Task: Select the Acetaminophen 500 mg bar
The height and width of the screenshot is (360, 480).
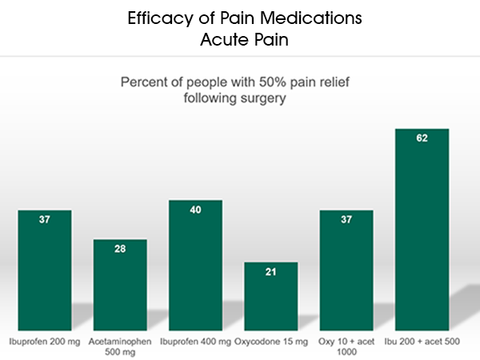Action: [x=120, y=288]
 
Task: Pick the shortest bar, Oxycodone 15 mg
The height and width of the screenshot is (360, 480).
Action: [x=270, y=300]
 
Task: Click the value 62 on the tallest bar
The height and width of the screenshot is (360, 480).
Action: [x=422, y=138]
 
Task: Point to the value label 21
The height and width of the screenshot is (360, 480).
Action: [x=270, y=272]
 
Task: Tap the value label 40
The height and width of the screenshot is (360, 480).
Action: [x=195, y=210]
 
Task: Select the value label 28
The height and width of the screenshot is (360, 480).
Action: [x=120, y=249]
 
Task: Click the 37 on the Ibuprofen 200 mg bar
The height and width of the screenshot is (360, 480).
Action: [x=45, y=220]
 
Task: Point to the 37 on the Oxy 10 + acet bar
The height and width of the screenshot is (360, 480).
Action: [x=346, y=220]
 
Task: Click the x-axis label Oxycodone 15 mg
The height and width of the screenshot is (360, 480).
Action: [x=270, y=342]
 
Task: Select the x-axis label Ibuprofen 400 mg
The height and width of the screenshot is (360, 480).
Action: [x=195, y=342]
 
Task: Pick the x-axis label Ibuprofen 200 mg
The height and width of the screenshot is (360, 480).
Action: [x=45, y=342]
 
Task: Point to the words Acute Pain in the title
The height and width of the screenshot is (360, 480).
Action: [x=240, y=38]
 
